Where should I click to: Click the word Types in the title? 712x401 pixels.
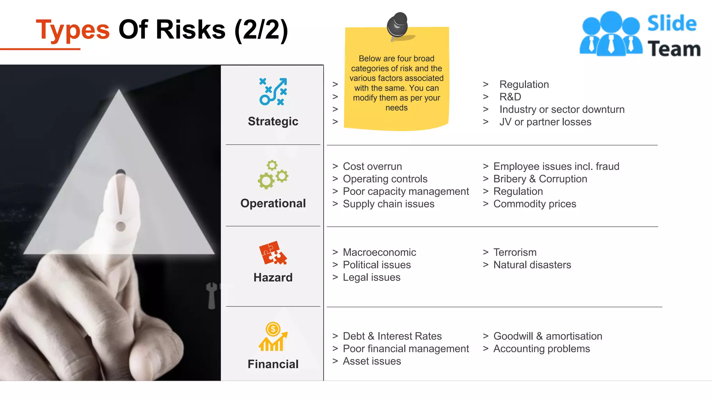click(73, 30)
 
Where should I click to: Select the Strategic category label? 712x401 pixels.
click(273, 121)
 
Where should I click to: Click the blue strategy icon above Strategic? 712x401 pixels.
click(273, 92)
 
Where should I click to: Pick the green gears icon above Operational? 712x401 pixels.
click(273, 175)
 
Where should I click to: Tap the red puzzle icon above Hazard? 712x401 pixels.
click(273, 253)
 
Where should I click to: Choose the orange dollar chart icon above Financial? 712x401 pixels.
click(273, 337)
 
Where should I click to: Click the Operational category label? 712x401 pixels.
click(273, 203)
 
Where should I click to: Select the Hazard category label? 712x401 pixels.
click(273, 277)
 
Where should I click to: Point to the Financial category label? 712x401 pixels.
click(273, 364)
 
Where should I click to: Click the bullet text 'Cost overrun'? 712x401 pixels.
click(372, 166)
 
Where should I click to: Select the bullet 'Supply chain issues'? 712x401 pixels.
click(388, 204)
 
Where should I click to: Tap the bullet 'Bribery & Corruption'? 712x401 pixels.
click(540, 179)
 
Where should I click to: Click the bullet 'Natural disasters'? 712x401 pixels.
click(532, 265)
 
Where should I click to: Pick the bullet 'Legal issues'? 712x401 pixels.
click(371, 277)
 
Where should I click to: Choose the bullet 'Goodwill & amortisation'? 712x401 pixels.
click(548, 336)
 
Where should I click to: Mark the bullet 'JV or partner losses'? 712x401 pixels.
click(545, 122)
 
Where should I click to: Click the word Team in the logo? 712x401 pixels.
click(674, 49)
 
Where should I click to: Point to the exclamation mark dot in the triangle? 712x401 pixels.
click(121, 227)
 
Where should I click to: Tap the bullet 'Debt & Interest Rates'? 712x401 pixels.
click(392, 336)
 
